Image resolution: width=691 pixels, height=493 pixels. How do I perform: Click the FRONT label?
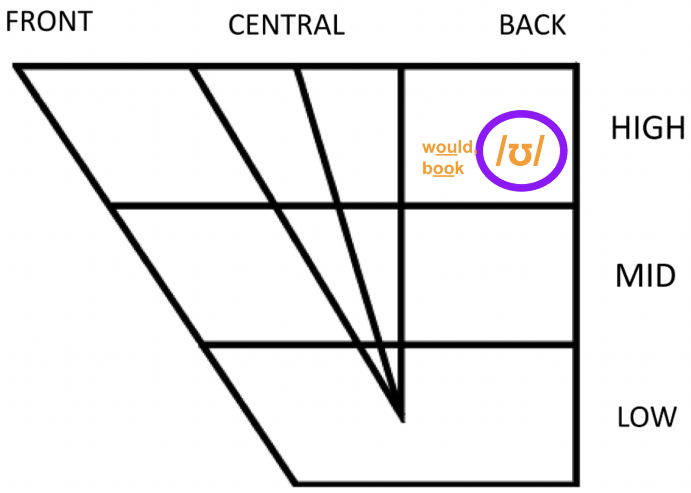click(x=49, y=22)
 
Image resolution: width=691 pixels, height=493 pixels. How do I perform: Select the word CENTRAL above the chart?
click(x=286, y=25)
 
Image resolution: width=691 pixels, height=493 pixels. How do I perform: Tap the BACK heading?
click(x=532, y=25)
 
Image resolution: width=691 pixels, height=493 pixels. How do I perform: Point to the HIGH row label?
click(x=648, y=128)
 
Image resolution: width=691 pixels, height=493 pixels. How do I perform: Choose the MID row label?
click(x=645, y=276)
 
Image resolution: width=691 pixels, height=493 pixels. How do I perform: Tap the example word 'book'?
click(x=443, y=168)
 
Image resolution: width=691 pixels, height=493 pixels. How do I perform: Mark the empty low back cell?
click(x=489, y=414)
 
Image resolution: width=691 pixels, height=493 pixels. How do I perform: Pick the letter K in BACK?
click(x=558, y=25)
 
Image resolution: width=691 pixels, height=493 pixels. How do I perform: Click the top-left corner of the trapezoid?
click(x=16, y=66)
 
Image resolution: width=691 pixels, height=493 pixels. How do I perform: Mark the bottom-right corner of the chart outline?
click(x=576, y=483)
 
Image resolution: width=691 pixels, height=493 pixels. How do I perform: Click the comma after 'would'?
click(x=475, y=152)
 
